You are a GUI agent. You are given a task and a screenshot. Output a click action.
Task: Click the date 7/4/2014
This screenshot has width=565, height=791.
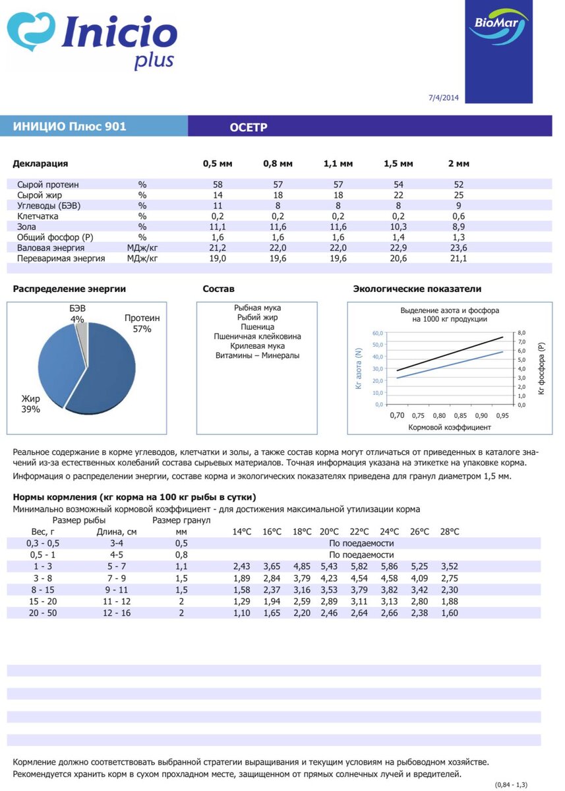443,98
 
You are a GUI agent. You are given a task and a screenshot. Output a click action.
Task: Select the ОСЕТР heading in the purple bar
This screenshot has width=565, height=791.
249,127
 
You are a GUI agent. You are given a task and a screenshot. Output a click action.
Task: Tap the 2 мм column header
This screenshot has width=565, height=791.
458,163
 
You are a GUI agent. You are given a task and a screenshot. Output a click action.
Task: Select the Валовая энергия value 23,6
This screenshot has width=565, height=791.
458,248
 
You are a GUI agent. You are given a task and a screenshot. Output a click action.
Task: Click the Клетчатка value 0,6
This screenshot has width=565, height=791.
458,216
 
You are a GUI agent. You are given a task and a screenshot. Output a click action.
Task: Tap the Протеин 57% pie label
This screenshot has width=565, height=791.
142,323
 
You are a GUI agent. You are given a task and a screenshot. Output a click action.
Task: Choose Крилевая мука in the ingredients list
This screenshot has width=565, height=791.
257,346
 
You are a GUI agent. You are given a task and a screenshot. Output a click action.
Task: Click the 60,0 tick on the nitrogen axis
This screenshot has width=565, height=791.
378,334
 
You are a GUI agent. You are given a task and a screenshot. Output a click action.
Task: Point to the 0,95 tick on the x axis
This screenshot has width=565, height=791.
502,416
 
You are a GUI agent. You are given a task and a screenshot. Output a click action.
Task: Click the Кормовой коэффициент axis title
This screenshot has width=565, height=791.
450,427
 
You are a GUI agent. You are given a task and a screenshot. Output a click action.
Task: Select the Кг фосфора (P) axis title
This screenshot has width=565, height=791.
541,368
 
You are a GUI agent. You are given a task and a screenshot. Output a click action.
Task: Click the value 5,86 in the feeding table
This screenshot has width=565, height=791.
389,566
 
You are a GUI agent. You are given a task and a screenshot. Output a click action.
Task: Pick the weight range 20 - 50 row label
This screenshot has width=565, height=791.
42,613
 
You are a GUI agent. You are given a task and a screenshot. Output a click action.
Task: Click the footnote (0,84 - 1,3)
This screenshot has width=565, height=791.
512,784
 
